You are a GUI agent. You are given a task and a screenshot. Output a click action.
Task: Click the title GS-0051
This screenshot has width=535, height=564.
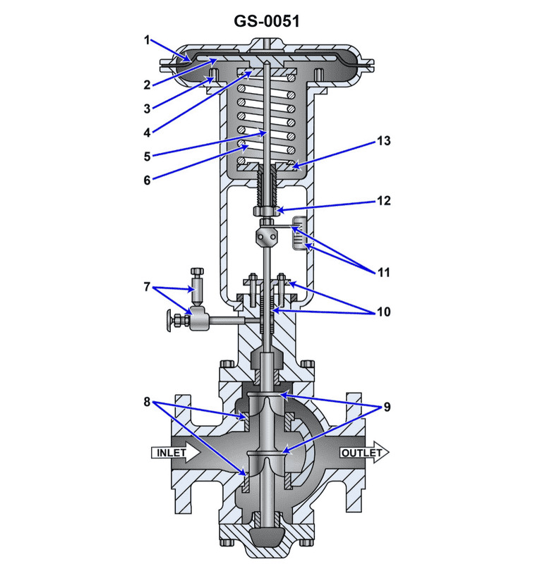[267, 21]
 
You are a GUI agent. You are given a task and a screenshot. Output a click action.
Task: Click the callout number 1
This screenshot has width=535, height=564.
[148, 40]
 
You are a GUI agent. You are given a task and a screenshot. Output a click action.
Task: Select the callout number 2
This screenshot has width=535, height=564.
[148, 85]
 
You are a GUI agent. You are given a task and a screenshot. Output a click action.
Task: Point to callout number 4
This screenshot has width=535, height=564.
[148, 131]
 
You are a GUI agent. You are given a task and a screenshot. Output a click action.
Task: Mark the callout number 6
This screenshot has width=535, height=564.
[148, 179]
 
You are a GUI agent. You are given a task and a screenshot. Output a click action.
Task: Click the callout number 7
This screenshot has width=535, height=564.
[147, 286]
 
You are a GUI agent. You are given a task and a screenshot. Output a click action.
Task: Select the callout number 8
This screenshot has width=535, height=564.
[147, 403]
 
